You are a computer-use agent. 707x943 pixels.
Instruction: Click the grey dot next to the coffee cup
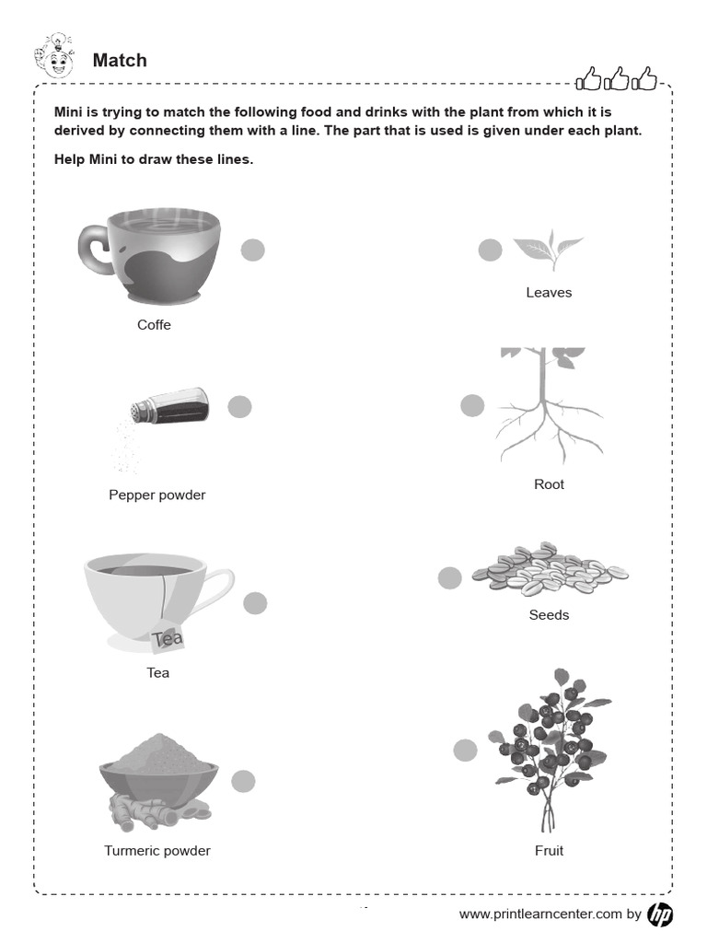click(x=253, y=250)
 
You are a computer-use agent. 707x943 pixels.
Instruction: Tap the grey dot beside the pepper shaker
click(x=239, y=406)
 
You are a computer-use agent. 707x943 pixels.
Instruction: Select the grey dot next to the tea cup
click(x=255, y=603)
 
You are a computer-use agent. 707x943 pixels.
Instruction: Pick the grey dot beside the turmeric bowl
click(x=243, y=781)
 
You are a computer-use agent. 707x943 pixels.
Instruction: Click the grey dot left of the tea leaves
click(x=491, y=250)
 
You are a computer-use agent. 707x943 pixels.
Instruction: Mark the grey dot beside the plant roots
click(x=472, y=405)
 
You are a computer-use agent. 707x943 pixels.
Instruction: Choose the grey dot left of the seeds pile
click(x=449, y=577)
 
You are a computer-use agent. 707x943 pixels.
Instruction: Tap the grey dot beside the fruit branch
click(x=466, y=751)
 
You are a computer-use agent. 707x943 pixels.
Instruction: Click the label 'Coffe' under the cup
click(x=154, y=325)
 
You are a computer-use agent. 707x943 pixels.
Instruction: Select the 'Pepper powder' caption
click(x=157, y=495)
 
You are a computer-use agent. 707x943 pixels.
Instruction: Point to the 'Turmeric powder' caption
click(x=157, y=851)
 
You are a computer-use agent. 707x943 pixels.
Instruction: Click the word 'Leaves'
click(x=549, y=293)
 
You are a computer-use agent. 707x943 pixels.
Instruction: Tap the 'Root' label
click(x=549, y=484)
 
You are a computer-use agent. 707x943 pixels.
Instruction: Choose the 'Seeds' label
click(x=549, y=615)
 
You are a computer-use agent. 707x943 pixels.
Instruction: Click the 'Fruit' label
click(x=549, y=851)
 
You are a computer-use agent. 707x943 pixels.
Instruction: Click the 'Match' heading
click(x=120, y=61)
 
